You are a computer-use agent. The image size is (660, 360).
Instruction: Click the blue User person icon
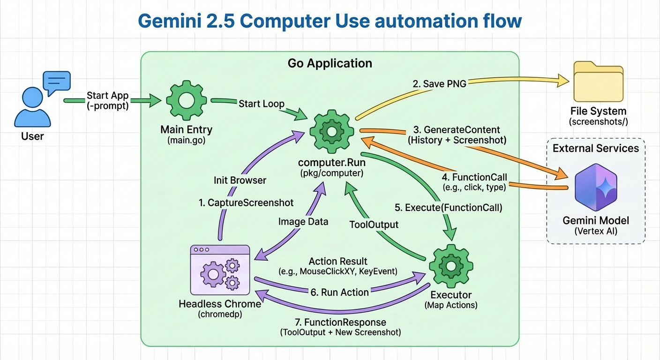point(32,109)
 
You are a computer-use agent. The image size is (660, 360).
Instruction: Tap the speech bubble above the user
point(56,82)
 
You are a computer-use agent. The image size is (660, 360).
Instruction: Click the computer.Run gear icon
point(331,132)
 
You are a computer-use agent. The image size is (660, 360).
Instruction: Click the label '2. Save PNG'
point(440,84)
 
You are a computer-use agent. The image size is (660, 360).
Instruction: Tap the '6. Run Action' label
point(340,292)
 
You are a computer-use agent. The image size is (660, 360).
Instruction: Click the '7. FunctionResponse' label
point(340,322)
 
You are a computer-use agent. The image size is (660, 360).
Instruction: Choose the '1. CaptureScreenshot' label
point(245,203)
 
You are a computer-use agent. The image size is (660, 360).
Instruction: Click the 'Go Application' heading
point(330,63)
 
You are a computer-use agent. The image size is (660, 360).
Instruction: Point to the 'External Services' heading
point(595,149)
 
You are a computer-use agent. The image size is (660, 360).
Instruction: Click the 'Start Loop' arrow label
point(261,104)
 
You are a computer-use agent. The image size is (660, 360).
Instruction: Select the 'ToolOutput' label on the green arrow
point(374,225)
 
